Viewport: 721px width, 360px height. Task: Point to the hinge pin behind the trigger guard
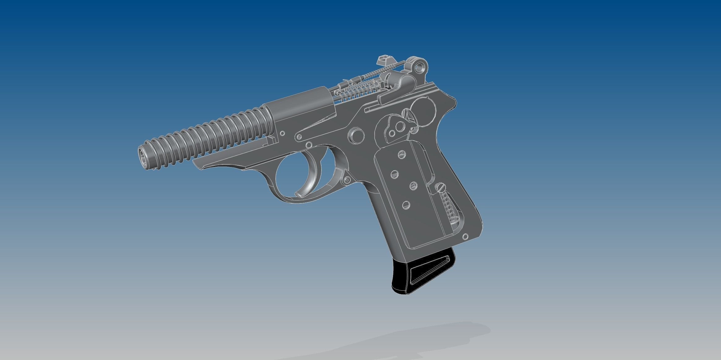pyautogui.click(x=347, y=180)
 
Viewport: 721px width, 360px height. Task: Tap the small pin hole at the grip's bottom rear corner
pyautogui.click(x=464, y=237)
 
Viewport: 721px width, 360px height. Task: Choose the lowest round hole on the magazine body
pyautogui.click(x=406, y=204)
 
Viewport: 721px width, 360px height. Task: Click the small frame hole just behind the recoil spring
pyautogui.click(x=282, y=133)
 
